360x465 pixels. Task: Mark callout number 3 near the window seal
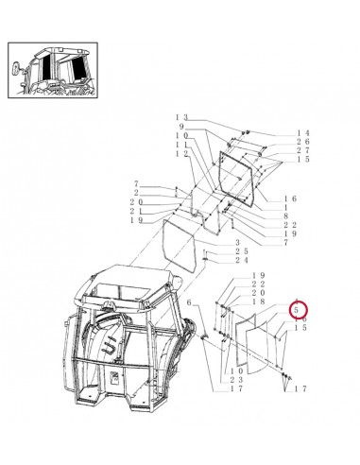click(x=237, y=243)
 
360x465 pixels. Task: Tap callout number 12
click(x=180, y=153)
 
